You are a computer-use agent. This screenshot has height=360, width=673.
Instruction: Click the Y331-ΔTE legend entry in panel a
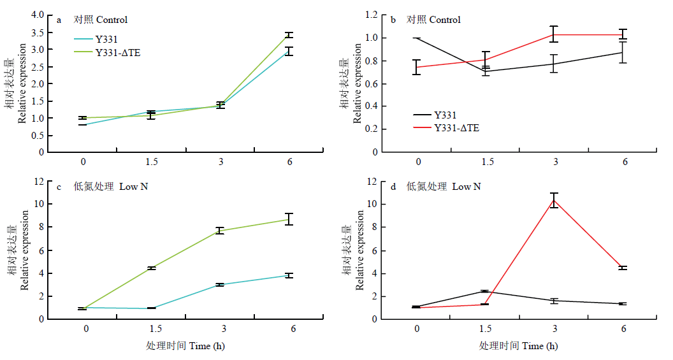tap(107, 53)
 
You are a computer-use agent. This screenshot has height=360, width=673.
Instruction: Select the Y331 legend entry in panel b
tap(435, 115)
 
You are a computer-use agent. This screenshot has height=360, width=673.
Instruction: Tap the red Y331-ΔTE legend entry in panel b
tap(446, 128)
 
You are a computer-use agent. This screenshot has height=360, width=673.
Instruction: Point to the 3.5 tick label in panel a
tap(38, 32)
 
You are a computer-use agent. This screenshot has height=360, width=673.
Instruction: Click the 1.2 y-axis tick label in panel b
tap(372, 15)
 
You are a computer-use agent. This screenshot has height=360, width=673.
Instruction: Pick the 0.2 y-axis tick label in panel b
tap(372, 129)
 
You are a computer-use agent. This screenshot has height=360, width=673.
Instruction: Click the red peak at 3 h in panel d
tap(554, 200)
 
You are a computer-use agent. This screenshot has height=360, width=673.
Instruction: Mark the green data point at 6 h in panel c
tap(289, 219)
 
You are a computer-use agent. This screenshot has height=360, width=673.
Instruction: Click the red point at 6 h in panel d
tap(623, 268)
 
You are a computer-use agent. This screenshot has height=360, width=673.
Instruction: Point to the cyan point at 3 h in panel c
tap(220, 284)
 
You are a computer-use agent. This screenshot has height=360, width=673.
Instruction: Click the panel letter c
tap(59, 187)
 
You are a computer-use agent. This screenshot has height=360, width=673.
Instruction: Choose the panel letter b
tap(393, 20)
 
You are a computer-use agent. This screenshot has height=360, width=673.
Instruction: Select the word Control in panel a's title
tap(112, 20)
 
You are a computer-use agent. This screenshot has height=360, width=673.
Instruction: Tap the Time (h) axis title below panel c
tap(207, 346)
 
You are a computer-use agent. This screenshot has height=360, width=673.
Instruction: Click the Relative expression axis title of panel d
tap(359, 250)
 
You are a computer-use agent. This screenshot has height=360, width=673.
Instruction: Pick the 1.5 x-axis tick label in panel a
tap(152, 162)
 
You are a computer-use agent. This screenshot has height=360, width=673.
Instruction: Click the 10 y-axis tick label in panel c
tap(39, 204)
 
